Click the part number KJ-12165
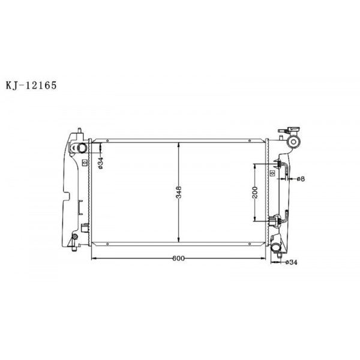point(32,86)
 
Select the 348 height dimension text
point(179,193)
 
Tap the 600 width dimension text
point(178,259)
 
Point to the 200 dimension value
point(256,192)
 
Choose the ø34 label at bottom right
point(291,262)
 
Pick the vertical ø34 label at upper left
point(101,162)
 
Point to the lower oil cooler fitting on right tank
point(277,220)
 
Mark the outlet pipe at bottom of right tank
point(277,247)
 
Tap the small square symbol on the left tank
point(84,162)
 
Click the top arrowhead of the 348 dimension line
point(179,145)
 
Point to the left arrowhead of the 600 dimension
point(93,258)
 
